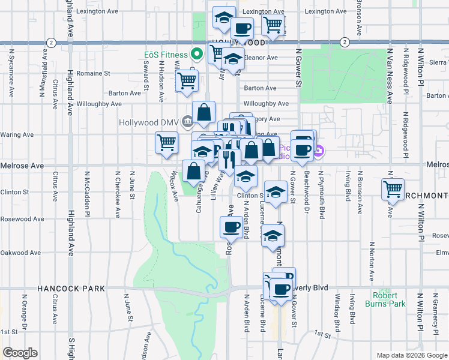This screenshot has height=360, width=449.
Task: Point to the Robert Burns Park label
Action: point(385,299)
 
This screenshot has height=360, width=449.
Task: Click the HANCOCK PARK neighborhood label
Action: point(71,289)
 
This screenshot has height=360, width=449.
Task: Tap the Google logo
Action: point(20,352)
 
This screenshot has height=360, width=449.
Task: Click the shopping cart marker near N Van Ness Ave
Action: point(393,189)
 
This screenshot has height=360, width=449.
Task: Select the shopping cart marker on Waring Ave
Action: point(166,142)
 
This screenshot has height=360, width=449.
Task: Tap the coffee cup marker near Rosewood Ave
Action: point(231,226)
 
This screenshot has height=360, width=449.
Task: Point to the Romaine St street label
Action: point(94,73)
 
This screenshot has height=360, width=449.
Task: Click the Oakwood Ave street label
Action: point(22,253)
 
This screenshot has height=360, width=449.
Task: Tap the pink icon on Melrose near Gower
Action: point(319,152)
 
